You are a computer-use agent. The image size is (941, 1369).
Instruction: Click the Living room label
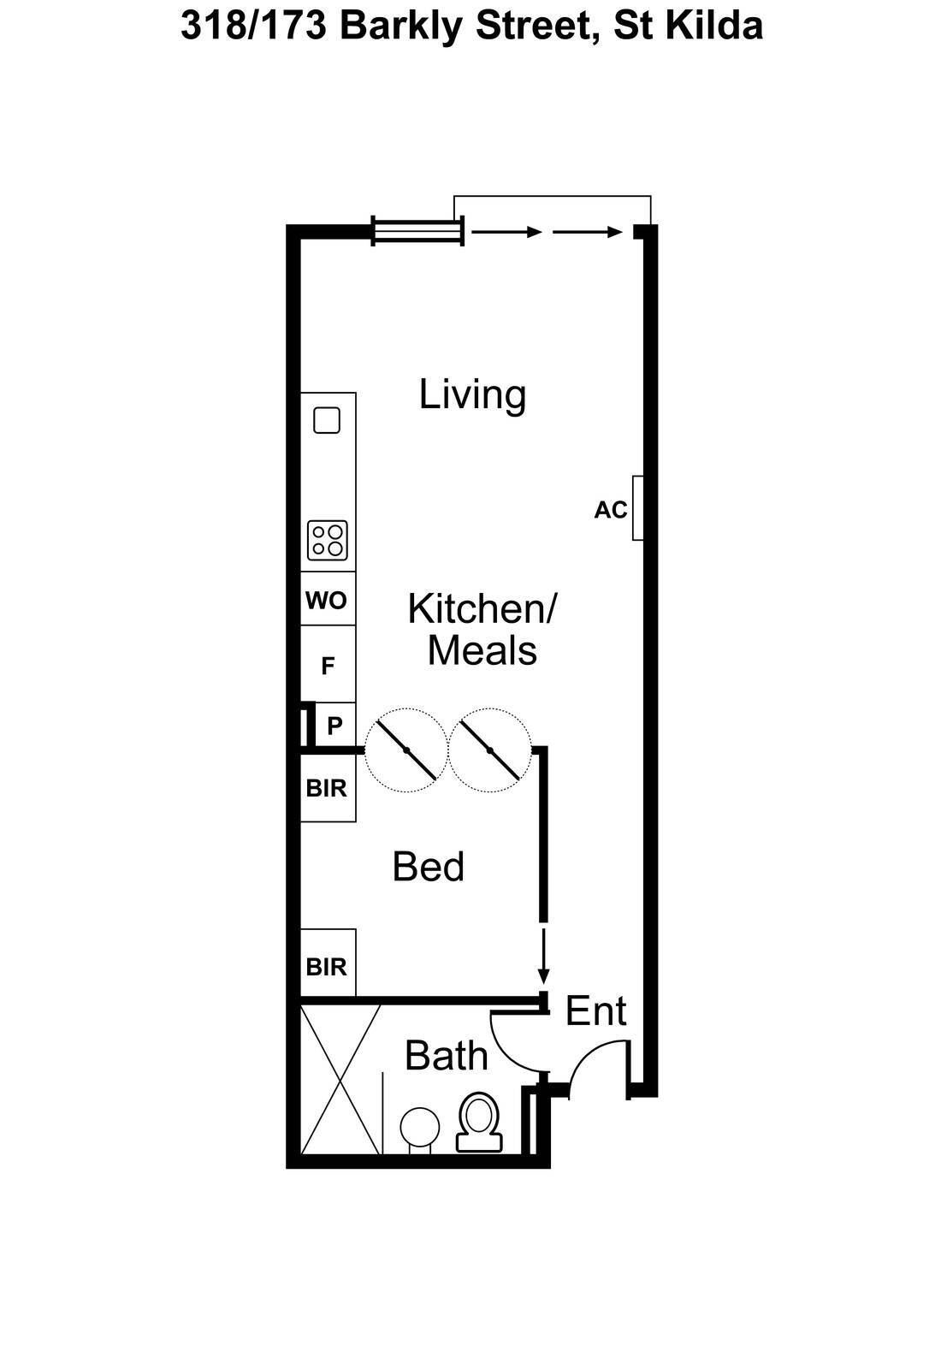472,394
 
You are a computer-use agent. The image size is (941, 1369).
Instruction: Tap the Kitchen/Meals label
482,630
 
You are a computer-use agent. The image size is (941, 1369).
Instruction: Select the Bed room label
429,867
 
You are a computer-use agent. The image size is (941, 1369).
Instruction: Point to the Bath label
446,1056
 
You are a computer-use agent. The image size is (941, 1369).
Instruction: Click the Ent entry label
595,1011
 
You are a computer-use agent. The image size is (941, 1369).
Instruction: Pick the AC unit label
611,510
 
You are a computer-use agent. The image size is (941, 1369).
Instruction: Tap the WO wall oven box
328,599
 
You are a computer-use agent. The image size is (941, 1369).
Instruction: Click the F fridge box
328,664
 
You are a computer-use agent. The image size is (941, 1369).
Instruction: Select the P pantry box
334,726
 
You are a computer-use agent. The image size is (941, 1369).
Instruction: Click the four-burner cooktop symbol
328,540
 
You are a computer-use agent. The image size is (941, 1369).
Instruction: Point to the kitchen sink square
327,420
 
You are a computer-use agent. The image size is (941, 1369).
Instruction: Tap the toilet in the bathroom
479,1123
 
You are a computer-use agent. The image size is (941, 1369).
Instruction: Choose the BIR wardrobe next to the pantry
328,788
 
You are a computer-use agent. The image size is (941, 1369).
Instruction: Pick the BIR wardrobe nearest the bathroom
328,967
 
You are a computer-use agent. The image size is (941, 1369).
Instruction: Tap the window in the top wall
418,232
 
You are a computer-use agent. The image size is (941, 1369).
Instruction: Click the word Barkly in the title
401,27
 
